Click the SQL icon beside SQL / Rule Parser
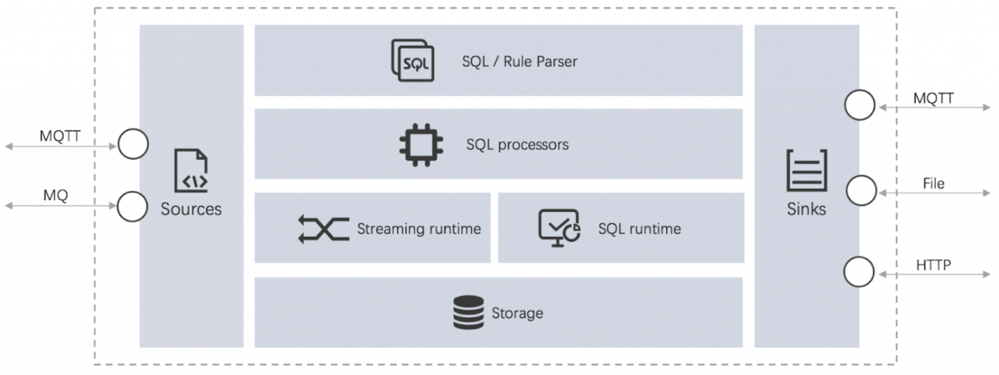pyautogui.click(x=412, y=61)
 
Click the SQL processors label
pyautogui.click(x=517, y=144)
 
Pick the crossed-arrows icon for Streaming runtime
pyautogui.click(x=323, y=229)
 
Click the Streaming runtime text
pyautogui.click(x=418, y=229)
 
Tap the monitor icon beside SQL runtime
pyautogui.click(x=558, y=228)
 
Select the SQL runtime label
pyautogui.click(x=639, y=228)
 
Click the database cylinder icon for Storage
pyautogui.click(x=468, y=312)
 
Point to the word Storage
pyautogui.click(x=517, y=313)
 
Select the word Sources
pyautogui.click(x=191, y=209)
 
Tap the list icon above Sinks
pyautogui.click(x=807, y=171)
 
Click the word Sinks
pyautogui.click(x=807, y=209)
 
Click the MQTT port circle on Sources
pyautogui.click(x=133, y=144)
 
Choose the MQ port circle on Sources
pyautogui.click(x=133, y=206)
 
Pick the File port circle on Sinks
pyautogui.click(x=860, y=191)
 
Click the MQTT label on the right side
pyautogui.click(x=933, y=100)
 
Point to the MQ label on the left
pyautogui.click(x=56, y=196)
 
